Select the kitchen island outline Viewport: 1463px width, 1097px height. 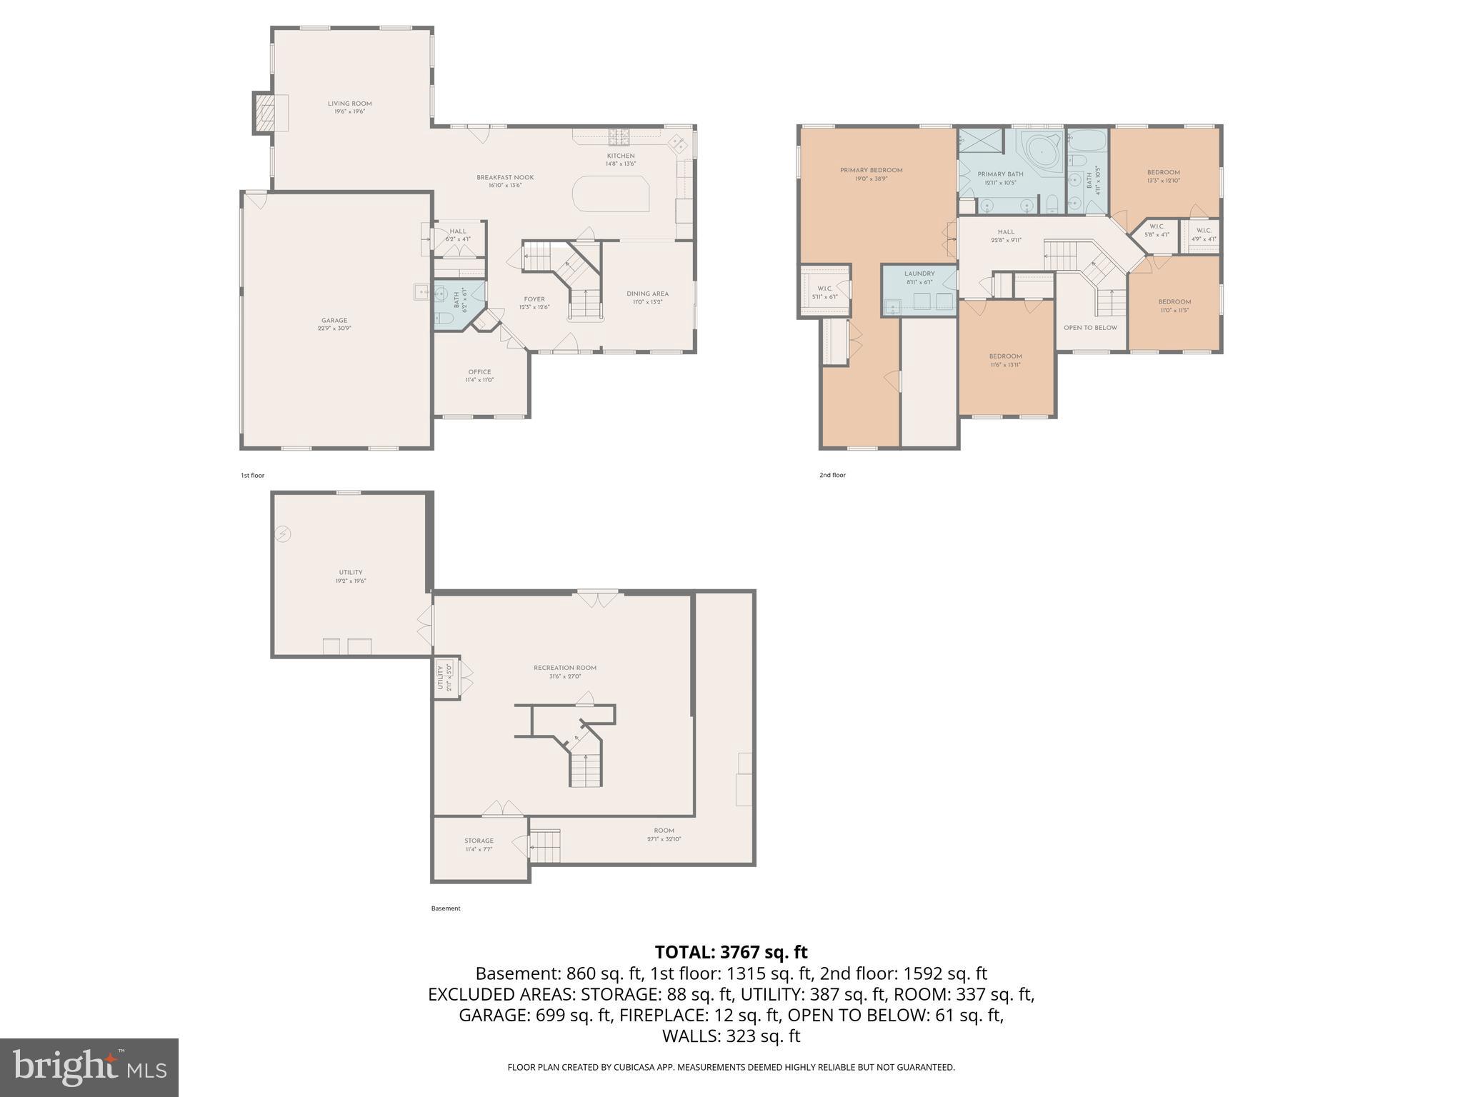click(x=611, y=195)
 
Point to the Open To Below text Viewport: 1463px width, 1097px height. click(x=1090, y=328)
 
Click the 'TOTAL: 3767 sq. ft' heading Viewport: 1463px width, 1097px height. click(x=731, y=952)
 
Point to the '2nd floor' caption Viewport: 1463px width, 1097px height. click(x=832, y=475)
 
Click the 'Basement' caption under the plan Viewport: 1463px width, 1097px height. click(x=446, y=908)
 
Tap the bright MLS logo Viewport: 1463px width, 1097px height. click(x=89, y=1067)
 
